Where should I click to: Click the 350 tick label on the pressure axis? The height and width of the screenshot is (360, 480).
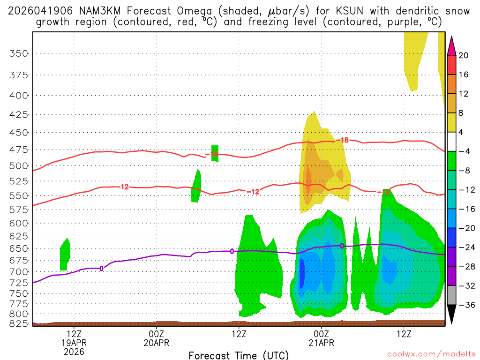tap(19, 53)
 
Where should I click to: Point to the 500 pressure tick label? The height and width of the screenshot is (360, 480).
tap(19, 166)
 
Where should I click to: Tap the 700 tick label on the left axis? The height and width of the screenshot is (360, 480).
tap(19, 272)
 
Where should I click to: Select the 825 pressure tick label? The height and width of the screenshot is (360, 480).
tap(19, 323)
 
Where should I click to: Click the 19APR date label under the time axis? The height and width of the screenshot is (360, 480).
tap(75, 343)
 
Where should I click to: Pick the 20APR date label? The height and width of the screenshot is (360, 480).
tap(157, 343)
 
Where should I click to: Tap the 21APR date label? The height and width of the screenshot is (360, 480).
tap(321, 343)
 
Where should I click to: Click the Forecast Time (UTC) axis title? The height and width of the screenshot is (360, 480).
tap(239, 355)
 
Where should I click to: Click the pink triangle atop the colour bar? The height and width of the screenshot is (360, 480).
tap(452, 45)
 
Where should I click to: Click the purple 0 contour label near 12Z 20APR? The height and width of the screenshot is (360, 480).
tap(232, 252)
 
